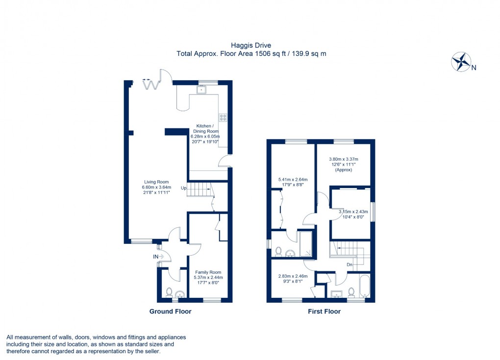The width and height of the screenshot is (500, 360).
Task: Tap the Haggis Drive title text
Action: pyautogui.click(x=250, y=46)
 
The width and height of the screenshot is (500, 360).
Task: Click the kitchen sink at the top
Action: pyautogui.click(x=201, y=90)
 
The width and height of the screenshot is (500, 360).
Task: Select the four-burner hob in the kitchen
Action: pyautogui.click(x=223, y=117)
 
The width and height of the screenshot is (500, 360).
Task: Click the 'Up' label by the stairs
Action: pyautogui.click(x=183, y=188)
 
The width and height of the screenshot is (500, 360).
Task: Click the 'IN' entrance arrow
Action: pyautogui.click(x=158, y=256)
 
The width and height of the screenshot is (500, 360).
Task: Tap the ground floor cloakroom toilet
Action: pyautogui.click(x=169, y=292)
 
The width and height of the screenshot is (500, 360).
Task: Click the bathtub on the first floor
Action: pyautogui.click(x=364, y=285)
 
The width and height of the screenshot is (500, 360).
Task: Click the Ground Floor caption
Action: pyautogui.click(x=170, y=312)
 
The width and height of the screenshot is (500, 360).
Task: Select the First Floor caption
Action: pyautogui.click(x=324, y=312)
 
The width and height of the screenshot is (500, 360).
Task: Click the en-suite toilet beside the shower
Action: pyautogui.click(x=278, y=251)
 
